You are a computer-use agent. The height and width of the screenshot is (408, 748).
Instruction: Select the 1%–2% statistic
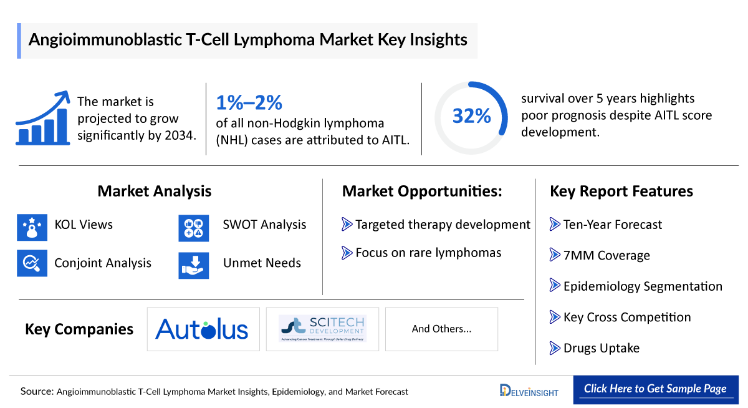[249, 102]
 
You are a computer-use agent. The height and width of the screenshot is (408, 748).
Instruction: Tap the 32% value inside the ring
[471, 117]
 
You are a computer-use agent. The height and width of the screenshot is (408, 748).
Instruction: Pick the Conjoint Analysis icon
[32, 263]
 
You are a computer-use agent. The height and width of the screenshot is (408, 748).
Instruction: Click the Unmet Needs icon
[193, 263]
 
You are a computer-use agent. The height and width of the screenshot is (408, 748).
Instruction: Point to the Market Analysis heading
[154, 191]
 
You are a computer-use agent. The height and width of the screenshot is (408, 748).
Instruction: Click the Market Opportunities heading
[422, 191]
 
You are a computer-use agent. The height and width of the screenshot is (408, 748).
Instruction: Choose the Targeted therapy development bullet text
[443, 225]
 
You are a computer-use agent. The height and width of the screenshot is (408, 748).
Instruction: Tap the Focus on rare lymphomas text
[428, 253]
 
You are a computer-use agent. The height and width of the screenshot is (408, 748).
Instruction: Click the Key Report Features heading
[621, 191]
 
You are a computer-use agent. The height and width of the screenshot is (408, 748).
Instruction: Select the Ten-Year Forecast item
[612, 225]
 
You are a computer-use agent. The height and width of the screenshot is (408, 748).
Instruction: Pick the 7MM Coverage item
[606, 256]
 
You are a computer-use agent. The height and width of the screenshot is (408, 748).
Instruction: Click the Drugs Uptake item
[601, 348]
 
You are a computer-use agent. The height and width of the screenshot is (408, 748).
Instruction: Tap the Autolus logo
[203, 329]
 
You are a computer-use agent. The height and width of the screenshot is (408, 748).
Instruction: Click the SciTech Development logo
[322, 329]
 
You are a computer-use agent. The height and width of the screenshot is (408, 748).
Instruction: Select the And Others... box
[441, 329]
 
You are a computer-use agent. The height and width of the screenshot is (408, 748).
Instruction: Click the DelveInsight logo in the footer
[529, 391]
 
